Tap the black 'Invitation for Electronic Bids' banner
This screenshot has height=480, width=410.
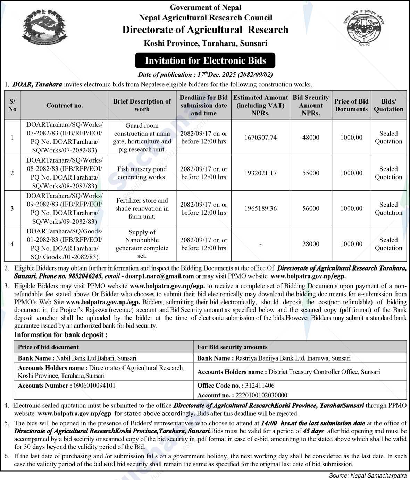[x=205, y=60]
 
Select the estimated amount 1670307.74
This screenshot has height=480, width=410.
[x=260, y=138]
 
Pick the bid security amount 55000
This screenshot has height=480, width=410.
[x=310, y=173]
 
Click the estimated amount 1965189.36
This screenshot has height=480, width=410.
[x=260, y=208]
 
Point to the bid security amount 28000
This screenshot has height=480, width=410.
[x=310, y=244]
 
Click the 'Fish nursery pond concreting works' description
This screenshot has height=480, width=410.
[x=142, y=173]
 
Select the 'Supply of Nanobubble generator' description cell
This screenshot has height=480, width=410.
[x=142, y=244]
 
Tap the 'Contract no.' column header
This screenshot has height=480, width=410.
[x=65, y=105]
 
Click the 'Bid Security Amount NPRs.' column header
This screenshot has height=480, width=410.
[x=310, y=105]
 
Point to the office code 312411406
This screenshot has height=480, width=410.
[x=260, y=385]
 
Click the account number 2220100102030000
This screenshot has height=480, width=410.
[x=261, y=395]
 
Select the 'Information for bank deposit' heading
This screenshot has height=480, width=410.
[x=61, y=335]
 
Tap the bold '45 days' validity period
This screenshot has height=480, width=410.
[x=313, y=431]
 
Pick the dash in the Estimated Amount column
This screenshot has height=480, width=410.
[x=260, y=244]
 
